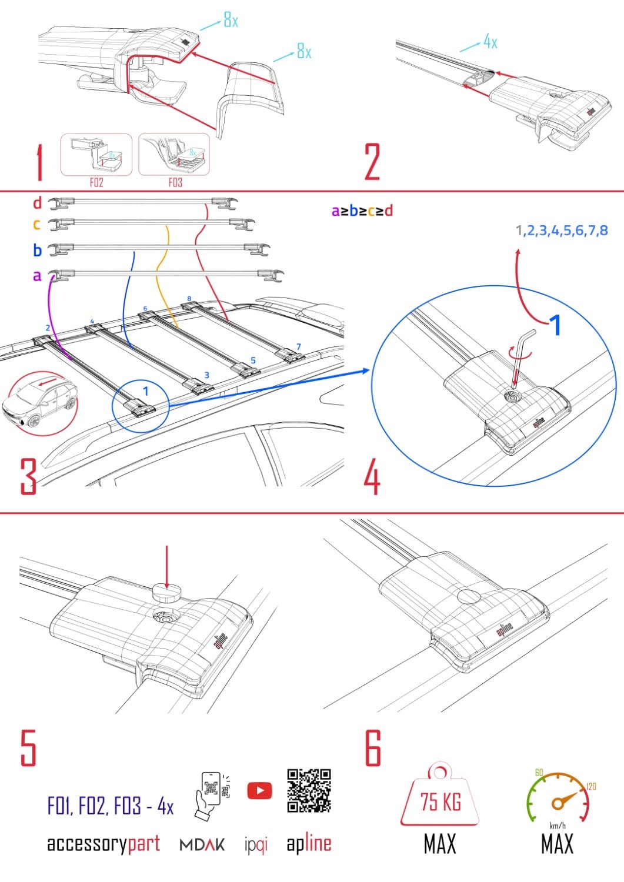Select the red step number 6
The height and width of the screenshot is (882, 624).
373,748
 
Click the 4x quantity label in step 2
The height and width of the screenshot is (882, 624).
490,42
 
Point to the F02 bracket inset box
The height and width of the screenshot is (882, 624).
96,155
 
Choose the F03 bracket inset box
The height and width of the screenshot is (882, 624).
174,155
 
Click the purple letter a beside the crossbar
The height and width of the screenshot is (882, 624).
37,275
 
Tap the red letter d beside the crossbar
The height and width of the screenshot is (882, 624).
37,203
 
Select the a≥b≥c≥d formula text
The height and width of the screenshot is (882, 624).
362,211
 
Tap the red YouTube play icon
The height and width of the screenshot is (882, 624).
259,790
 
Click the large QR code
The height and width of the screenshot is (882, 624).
309,790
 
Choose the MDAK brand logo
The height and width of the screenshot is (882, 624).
202,844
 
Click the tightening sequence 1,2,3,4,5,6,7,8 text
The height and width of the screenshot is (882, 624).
562,230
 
